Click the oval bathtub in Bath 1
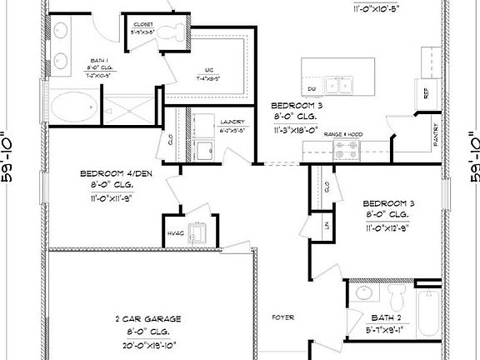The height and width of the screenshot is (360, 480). click(74, 107)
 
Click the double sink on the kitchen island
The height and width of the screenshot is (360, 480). click(341, 83)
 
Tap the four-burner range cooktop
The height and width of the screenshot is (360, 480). click(347, 150)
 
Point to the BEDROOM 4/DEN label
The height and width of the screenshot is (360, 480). click(115, 174)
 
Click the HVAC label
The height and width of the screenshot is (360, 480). click(174, 233)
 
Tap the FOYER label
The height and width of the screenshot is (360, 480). click(285, 317)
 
